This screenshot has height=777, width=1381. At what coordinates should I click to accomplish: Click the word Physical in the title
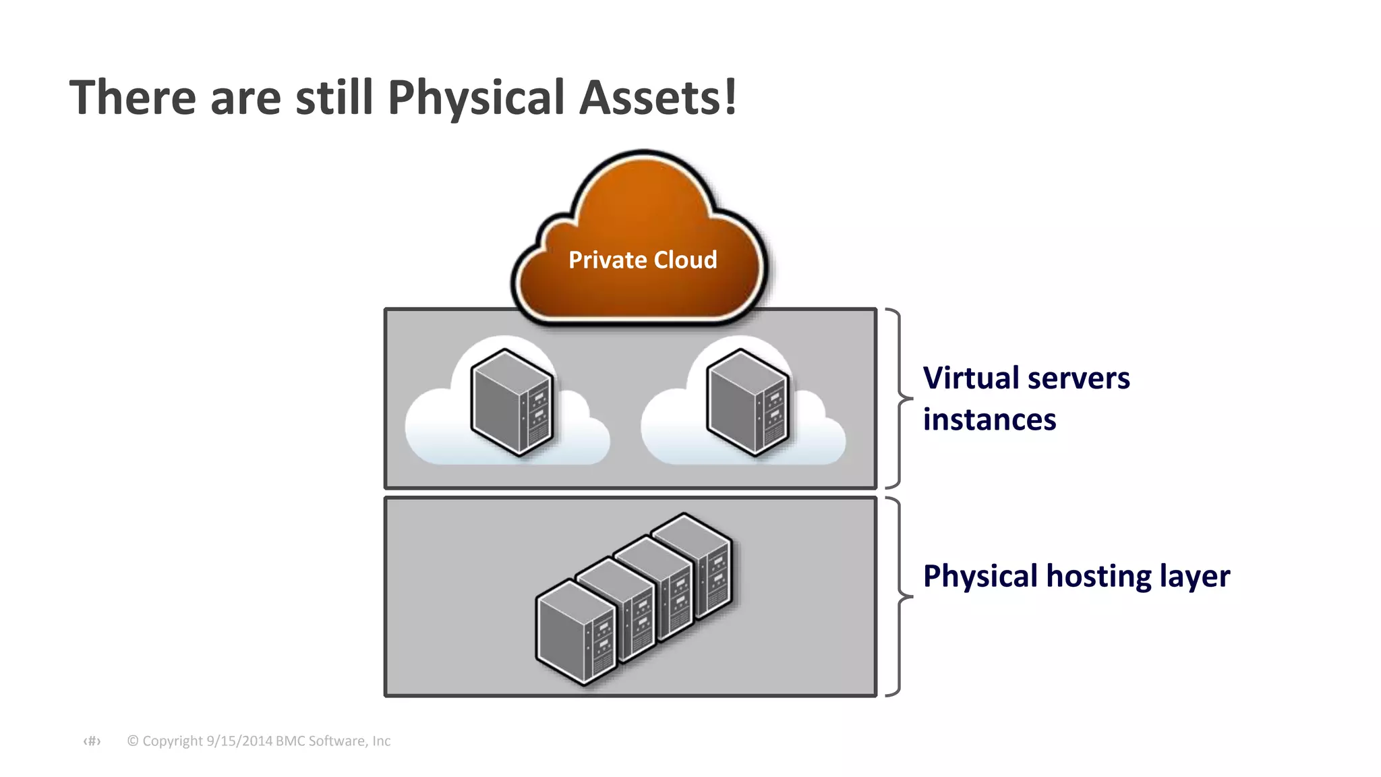coord(475,98)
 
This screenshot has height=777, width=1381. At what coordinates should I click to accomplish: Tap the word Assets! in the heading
coord(657,98)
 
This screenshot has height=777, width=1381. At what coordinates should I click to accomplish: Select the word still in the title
coord(334,98)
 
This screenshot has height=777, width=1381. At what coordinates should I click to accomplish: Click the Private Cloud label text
coord(642,260)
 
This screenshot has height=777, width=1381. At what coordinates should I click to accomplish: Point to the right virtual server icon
coord(747,402)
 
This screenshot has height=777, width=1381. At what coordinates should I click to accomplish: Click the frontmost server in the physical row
coord(575,632)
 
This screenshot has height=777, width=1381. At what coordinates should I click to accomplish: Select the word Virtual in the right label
coord(970,378)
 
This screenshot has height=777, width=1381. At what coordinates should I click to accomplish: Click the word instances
coord(989,420)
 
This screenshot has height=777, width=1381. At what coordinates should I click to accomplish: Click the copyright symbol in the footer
coord(133,741)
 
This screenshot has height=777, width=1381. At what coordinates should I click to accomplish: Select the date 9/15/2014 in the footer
coord(239,741)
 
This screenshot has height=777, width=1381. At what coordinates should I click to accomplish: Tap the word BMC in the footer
coord(291,741)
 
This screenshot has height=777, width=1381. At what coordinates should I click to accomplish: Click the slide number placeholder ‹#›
coord(92,741)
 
